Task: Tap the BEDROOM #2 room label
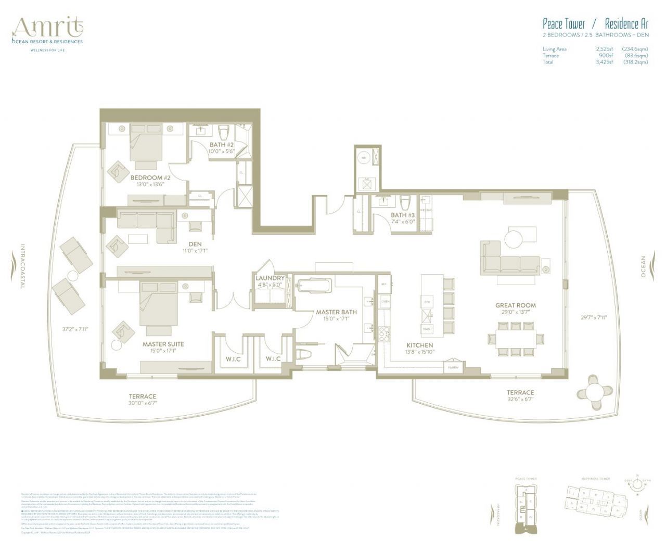150,177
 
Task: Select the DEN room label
195,244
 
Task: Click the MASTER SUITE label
163,344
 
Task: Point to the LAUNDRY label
270,278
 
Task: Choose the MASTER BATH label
336,312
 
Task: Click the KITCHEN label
419,345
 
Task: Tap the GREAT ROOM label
515,305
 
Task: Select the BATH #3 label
403,215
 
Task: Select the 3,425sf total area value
605,62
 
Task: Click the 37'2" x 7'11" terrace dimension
73,329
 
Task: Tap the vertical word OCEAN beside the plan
643,266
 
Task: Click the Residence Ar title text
626,24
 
